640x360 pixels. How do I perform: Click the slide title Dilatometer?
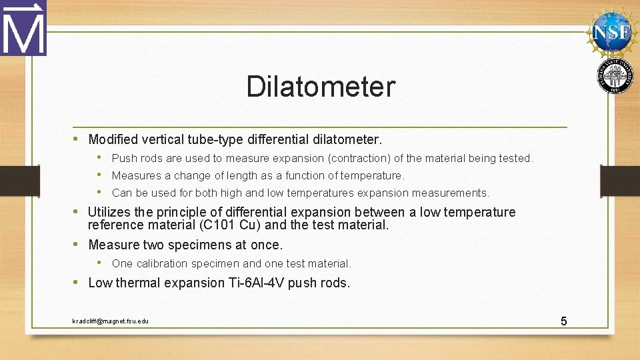[320, 87]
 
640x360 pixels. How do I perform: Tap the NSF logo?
[612, 31]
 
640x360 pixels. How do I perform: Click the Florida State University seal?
[615, 75]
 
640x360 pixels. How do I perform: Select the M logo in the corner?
[23, 28]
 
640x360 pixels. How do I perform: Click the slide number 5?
[563, 321]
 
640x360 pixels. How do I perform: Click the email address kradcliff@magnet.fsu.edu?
[111, 321]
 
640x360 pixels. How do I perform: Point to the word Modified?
[113, 139]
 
